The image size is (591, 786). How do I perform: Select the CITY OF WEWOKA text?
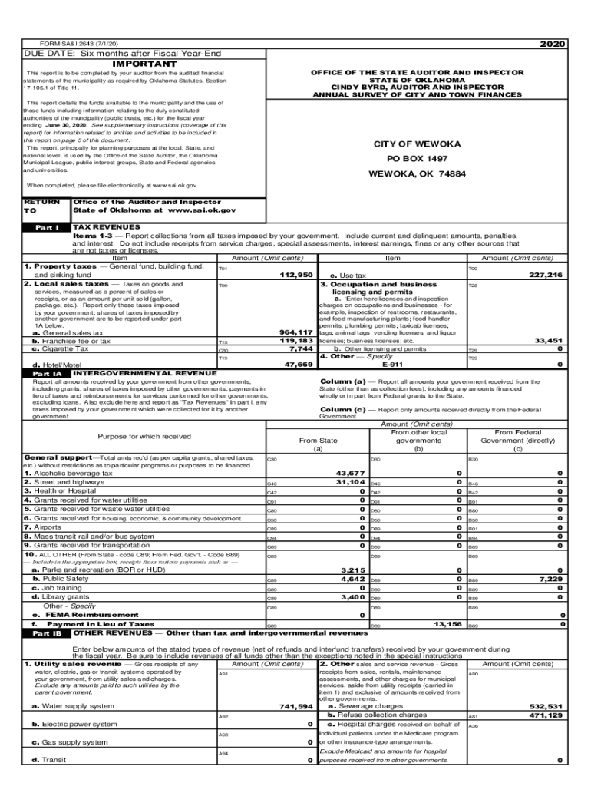point(417,144)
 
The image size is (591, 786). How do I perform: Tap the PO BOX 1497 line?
point(417,159)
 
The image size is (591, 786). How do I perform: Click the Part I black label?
point(47,228)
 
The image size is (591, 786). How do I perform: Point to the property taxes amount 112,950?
point(296,275)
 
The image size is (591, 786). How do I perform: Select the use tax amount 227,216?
point(546,275)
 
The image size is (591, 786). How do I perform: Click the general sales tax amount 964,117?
point(295,332)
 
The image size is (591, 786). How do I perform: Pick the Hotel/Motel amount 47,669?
point(299,365)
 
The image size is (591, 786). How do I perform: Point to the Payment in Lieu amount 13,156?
point(447,625)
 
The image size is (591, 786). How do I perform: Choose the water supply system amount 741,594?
point(295,706)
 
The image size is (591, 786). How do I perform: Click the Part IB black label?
point(47,634)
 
